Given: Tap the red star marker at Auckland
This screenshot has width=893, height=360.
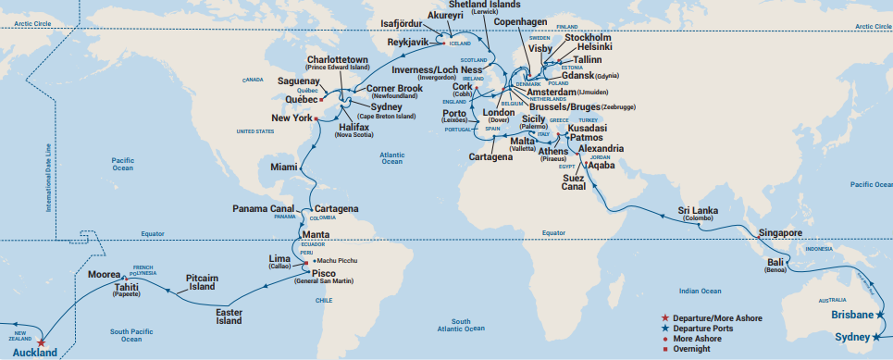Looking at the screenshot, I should tap(42, 341).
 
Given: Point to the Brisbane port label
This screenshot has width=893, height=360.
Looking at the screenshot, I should tap(850, 314).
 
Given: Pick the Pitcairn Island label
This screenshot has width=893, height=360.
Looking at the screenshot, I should tap(202, 281).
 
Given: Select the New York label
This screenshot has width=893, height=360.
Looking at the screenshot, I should tap(291, 118).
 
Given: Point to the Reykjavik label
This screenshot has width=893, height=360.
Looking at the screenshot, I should tap(411, 43).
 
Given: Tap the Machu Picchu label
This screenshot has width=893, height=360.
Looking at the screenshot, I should tap(342, 262).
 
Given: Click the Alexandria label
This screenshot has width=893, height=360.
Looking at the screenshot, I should tap(600, 148).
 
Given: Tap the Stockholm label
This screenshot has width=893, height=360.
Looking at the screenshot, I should tap(576, 39).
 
